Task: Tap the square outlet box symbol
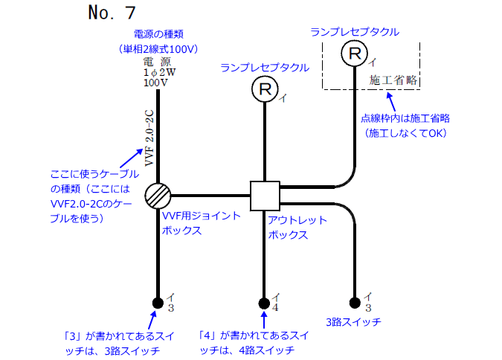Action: pos(264,196)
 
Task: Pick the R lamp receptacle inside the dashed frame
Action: pos(355,54)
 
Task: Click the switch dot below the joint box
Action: pos(158,303)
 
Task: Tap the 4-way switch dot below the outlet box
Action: pos(264,303)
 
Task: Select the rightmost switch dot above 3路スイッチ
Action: pos(355,303)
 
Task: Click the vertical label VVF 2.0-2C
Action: pos(149,138)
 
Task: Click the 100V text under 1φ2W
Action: pos(155,83)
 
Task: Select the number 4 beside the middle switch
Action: pos(275,307)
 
